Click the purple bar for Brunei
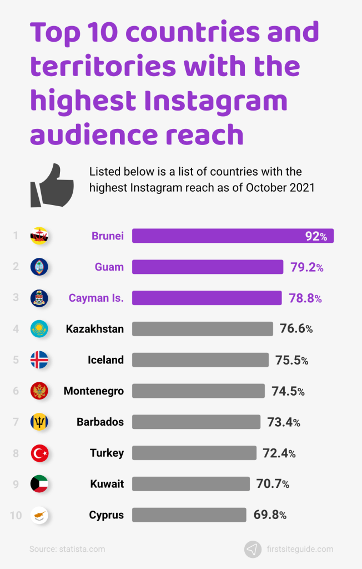[232, 236]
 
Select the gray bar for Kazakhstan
[202, 329]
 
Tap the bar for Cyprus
[189, 515]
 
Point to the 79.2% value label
[306, 267]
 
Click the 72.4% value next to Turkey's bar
[279, 453]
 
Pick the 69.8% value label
[270, 515]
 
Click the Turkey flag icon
[39, 453]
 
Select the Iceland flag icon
[39, 360]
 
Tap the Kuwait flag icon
[39, 484]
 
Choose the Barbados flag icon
[39, 422]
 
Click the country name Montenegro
[93, 391]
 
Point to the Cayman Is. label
[96, 298]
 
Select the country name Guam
[109, 267]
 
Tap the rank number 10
[16, 516]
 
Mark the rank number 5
[16, 360]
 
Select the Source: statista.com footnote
[67, 549]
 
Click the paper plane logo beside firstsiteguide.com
[253, 549]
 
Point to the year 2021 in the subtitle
[302, 188]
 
